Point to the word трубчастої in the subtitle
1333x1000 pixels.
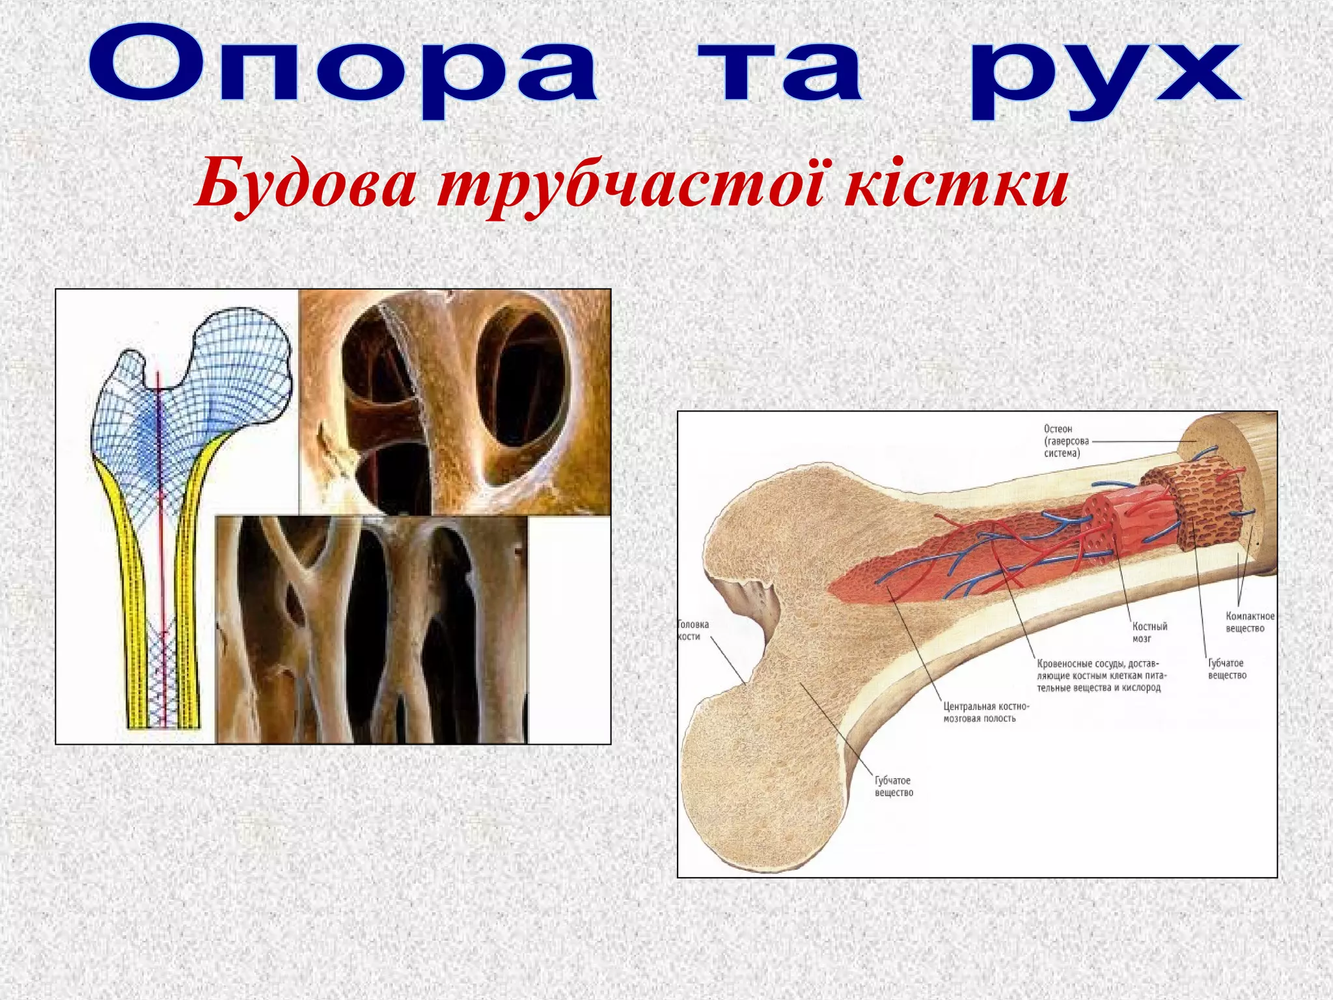click(625, 186)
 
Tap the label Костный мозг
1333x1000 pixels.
click(1149, 632)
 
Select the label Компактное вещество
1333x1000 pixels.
click(1250, 622)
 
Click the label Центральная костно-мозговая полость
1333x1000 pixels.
click(985, 712)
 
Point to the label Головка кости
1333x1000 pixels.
click(693, 630)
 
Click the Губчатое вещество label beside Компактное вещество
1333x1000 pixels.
click(1227, 669)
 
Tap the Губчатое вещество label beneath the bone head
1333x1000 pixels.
click(894, 786)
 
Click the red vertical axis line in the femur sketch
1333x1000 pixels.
click(160, 553)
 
